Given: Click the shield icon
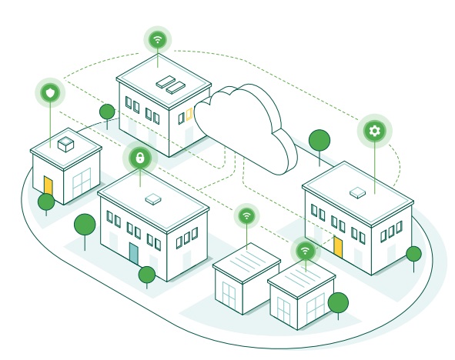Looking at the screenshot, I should point(50,93).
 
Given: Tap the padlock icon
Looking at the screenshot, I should point(139,158).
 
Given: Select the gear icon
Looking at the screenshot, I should point(375,131).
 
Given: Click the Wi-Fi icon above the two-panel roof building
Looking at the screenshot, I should point(158,38).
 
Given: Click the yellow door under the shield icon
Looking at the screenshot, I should point(48,186).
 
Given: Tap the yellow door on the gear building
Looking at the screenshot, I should point(337,248).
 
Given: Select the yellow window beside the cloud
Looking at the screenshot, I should point(189,115).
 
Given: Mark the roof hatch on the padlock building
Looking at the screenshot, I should point(154,198).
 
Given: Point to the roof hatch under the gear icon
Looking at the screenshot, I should point(358,190).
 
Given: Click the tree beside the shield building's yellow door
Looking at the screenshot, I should point(46,202).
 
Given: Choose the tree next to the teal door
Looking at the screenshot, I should point(146,273).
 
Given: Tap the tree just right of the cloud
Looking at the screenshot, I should point(319,140).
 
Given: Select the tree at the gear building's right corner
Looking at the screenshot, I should point(413,254).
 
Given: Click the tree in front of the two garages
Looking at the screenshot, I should point(337,302).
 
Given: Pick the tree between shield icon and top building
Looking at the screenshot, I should point(107,112).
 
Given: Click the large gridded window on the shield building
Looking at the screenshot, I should point(82,183).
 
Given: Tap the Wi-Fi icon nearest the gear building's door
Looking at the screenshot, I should point(306,250).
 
